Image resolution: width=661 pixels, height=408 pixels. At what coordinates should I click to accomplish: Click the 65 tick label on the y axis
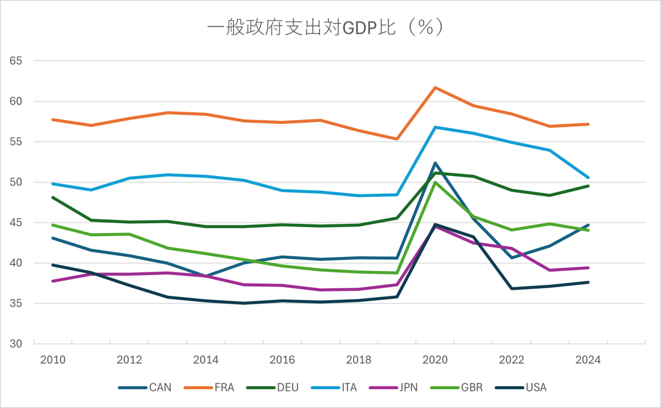pos(15,61)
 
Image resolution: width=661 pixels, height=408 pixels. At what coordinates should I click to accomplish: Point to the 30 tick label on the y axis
pos(15,344)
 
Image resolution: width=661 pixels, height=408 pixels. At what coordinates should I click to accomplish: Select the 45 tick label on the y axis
pos(15,223)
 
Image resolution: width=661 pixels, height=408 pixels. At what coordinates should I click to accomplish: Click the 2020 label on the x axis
pos(435,360)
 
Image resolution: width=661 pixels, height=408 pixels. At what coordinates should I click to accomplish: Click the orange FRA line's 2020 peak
pos(435,87)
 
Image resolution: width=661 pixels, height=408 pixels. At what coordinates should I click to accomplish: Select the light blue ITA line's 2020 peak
pos(435,127)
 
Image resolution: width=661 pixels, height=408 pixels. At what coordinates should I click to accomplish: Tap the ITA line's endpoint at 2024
pos(588,178)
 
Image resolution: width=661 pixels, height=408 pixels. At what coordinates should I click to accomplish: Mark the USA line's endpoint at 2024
pos(588,282)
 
